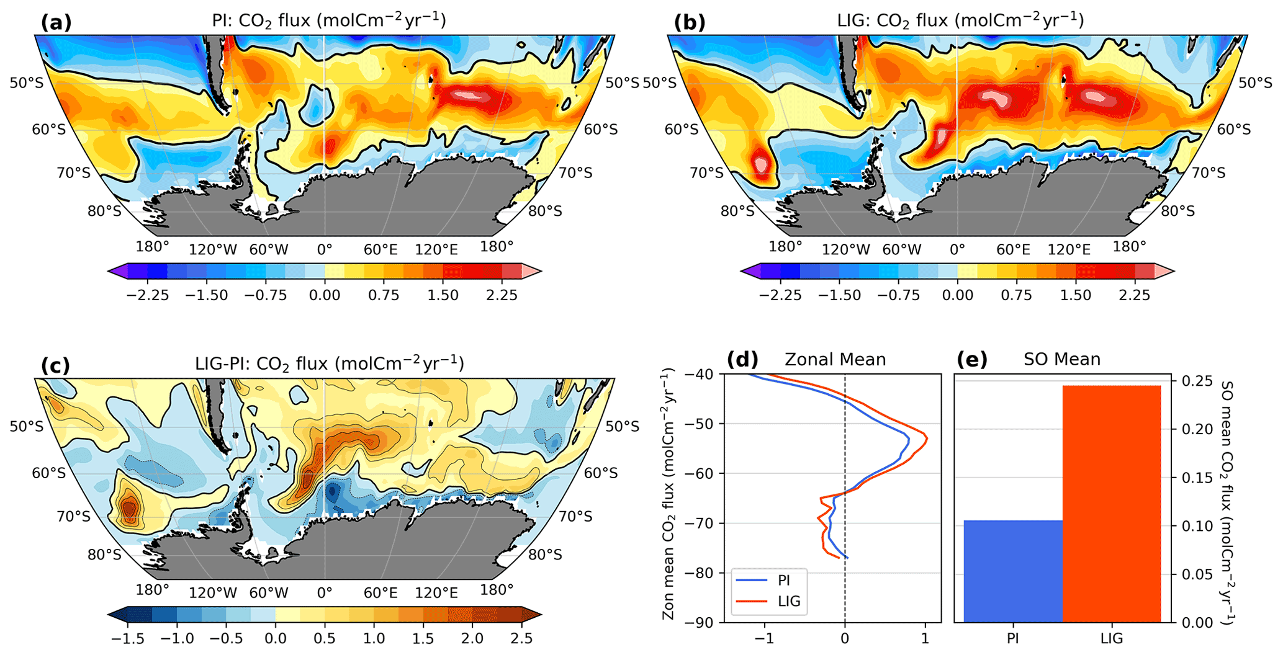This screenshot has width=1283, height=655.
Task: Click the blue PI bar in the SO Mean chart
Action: [x=1013, y=571]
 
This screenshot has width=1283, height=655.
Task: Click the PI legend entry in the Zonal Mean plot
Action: [x=783, y=581]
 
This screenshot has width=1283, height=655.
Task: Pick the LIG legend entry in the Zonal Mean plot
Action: [x=788, y=601]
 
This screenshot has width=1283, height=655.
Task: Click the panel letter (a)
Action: [x=56, y=22]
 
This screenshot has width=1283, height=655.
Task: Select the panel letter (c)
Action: [x=56, y=365]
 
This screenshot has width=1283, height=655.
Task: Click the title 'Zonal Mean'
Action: [x=835, y=360]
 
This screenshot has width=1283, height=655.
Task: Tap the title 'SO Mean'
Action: [x=1062, y=359]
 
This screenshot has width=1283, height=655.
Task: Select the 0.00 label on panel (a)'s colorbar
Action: [x=324, y=295]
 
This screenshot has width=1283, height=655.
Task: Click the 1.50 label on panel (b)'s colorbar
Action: [x=1076, y=295]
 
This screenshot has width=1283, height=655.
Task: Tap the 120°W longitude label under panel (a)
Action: [x=213, y=249]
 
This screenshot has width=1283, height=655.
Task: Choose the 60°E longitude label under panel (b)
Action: [x=1013, y=249]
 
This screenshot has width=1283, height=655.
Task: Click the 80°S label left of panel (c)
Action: [x=104, y=554]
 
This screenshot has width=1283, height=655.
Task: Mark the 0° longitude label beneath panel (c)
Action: [x=324, y=593]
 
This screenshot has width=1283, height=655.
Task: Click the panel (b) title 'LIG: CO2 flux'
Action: [x=960, y=21]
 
